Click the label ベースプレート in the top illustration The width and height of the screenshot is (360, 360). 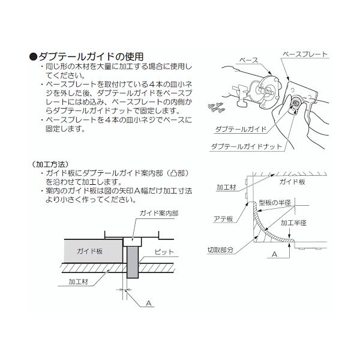tap(306, 54)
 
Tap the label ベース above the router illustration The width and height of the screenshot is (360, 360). tap(248, 61)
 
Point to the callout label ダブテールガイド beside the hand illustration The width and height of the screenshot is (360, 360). tap(243, 129)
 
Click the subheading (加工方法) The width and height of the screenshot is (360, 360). tap(49, 163)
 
